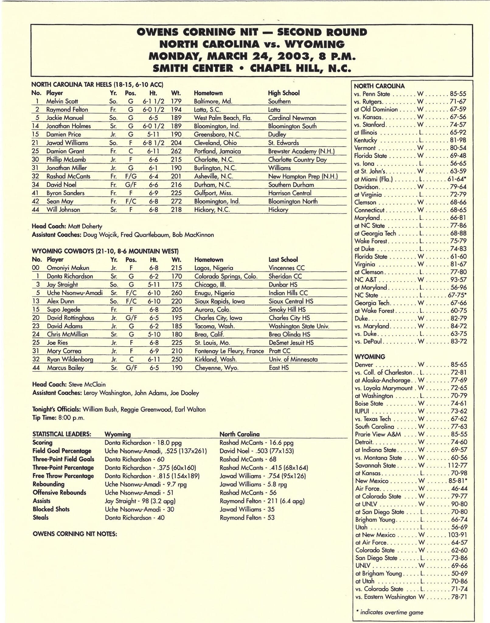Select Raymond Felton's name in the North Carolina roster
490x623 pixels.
tap(67, 110)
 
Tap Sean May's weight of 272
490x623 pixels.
tap(176, 201)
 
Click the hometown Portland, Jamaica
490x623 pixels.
tap(217, 151)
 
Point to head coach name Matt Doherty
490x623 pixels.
tap(85, 226)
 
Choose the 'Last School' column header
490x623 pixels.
tap(283, 259)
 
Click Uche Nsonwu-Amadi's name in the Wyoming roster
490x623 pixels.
tap(75, 293)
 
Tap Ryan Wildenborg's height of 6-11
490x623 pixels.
tap(154, 359)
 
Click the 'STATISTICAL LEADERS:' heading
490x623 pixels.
tap(62, 434)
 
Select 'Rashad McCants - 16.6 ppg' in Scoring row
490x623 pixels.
tap(256, 443)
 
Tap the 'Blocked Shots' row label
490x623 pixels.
tap(51, 509)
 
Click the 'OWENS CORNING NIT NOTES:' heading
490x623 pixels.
tap(75, 534)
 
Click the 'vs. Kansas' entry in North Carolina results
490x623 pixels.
tap(369, 117)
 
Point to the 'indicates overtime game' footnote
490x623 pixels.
tap(391, 612)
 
